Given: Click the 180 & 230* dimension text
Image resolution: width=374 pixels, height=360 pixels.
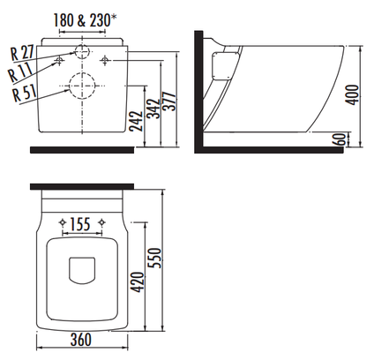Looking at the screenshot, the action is coord(85,20).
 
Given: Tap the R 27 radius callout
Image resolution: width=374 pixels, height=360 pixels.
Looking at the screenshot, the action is coord(23,53).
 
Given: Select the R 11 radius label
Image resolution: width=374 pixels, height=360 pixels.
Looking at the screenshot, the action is coord(20,71).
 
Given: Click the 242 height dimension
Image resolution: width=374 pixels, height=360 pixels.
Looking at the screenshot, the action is coord(136,121).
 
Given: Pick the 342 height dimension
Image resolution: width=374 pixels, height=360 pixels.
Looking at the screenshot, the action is coord(153,109).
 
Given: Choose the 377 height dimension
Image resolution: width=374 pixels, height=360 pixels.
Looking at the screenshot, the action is coord(169,101).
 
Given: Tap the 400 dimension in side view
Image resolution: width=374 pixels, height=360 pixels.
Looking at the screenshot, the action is coord(352,94).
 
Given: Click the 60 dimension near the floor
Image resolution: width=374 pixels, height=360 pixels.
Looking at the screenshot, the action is coord(339,139).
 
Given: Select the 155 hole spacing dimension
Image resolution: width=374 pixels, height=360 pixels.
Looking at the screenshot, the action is coord(80,225).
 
